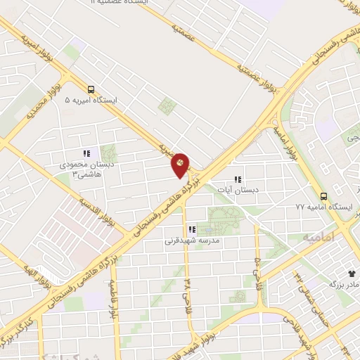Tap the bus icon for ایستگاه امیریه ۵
(x=90, y=89)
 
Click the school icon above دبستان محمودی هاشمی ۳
(x=86, y=153)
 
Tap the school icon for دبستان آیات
(x=238, y=179)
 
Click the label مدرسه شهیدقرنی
(x=193, y=240)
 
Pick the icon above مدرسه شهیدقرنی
(x=192, y=229)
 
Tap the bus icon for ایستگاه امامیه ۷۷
(x=323, y=196)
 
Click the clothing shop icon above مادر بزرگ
(x=352, y=273)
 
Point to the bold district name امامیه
(x=323, y=238)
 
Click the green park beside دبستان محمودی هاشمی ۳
(x=108, y=153)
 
